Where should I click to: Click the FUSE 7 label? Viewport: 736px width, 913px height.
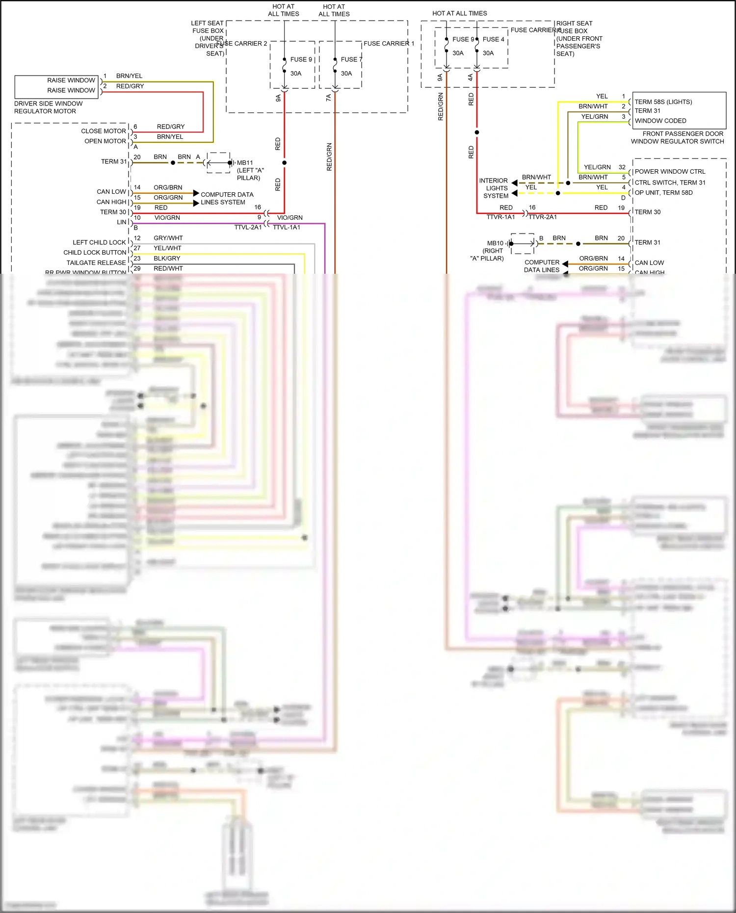click(x=351, y=59)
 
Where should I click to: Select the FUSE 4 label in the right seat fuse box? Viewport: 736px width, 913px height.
click(x=493, y=39)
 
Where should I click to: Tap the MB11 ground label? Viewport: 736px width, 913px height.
click(x=245, y=163)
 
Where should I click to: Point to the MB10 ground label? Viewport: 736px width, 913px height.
click(x=495, y=243)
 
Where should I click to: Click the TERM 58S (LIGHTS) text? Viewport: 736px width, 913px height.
click(x=663, y=102)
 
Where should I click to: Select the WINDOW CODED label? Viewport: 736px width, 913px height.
click(x=660, y=121)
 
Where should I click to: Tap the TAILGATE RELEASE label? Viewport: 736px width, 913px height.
click(x=96, y=263)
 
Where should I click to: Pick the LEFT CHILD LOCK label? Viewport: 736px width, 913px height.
click(x=99, y=242)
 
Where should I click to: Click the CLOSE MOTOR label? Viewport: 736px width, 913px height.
click(x=104, y=131)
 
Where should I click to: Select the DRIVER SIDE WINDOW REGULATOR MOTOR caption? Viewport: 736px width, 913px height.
click(x=48, y=107)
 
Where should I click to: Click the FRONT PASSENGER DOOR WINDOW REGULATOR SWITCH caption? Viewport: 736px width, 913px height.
click(x=678, y=137)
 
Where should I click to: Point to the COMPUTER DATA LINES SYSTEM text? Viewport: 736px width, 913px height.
click(x=226, y=198)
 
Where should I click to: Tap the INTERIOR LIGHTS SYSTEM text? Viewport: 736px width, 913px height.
click(x=494, y=188)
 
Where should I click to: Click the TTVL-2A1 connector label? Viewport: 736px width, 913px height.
click(x=248, y=227)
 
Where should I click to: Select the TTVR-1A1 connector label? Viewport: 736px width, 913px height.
click(x=500, y=217)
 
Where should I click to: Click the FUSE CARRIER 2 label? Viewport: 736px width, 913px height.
click(x=242, y=44)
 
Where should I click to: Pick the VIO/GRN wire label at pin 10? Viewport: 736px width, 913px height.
click(x=167, y=218)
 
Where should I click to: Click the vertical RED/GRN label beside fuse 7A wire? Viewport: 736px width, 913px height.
click(x=329, y=157)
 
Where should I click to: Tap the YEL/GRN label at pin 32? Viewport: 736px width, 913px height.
click(x=597, y=167)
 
